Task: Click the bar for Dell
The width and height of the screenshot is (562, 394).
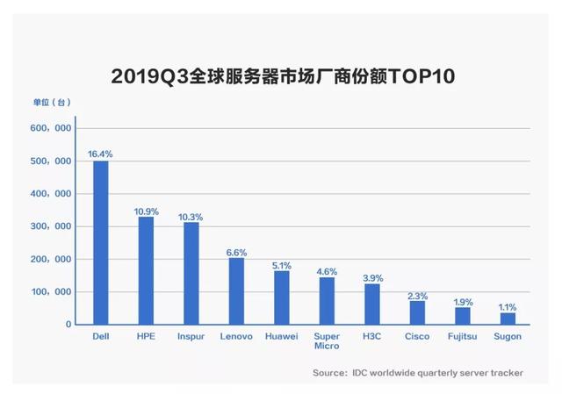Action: point(101,242)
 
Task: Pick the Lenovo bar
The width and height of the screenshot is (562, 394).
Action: point(236,290)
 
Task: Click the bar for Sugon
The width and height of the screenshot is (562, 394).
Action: point(508,319)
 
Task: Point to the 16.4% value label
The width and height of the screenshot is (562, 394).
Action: point(100,154)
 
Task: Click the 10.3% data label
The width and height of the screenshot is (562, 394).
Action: point(191,216)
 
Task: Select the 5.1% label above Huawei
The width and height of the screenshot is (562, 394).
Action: point(281,264)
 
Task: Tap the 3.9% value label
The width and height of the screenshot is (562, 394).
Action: point(372,277)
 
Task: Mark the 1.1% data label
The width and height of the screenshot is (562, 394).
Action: point(508,306)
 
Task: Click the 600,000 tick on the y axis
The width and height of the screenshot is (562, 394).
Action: point(50,128)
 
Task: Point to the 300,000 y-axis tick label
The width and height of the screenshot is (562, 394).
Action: point(50,226)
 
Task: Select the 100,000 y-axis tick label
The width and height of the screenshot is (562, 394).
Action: point(50,292)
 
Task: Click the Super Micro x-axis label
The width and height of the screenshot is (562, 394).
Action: point(327,341)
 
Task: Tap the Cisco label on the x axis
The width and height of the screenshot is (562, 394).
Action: point(417,336)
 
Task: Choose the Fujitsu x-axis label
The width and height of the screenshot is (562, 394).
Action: point(463,336)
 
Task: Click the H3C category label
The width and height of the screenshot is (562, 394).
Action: point(372,336)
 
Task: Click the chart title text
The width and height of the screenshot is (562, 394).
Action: point(282,76)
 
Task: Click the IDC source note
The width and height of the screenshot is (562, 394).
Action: point(417,373)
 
